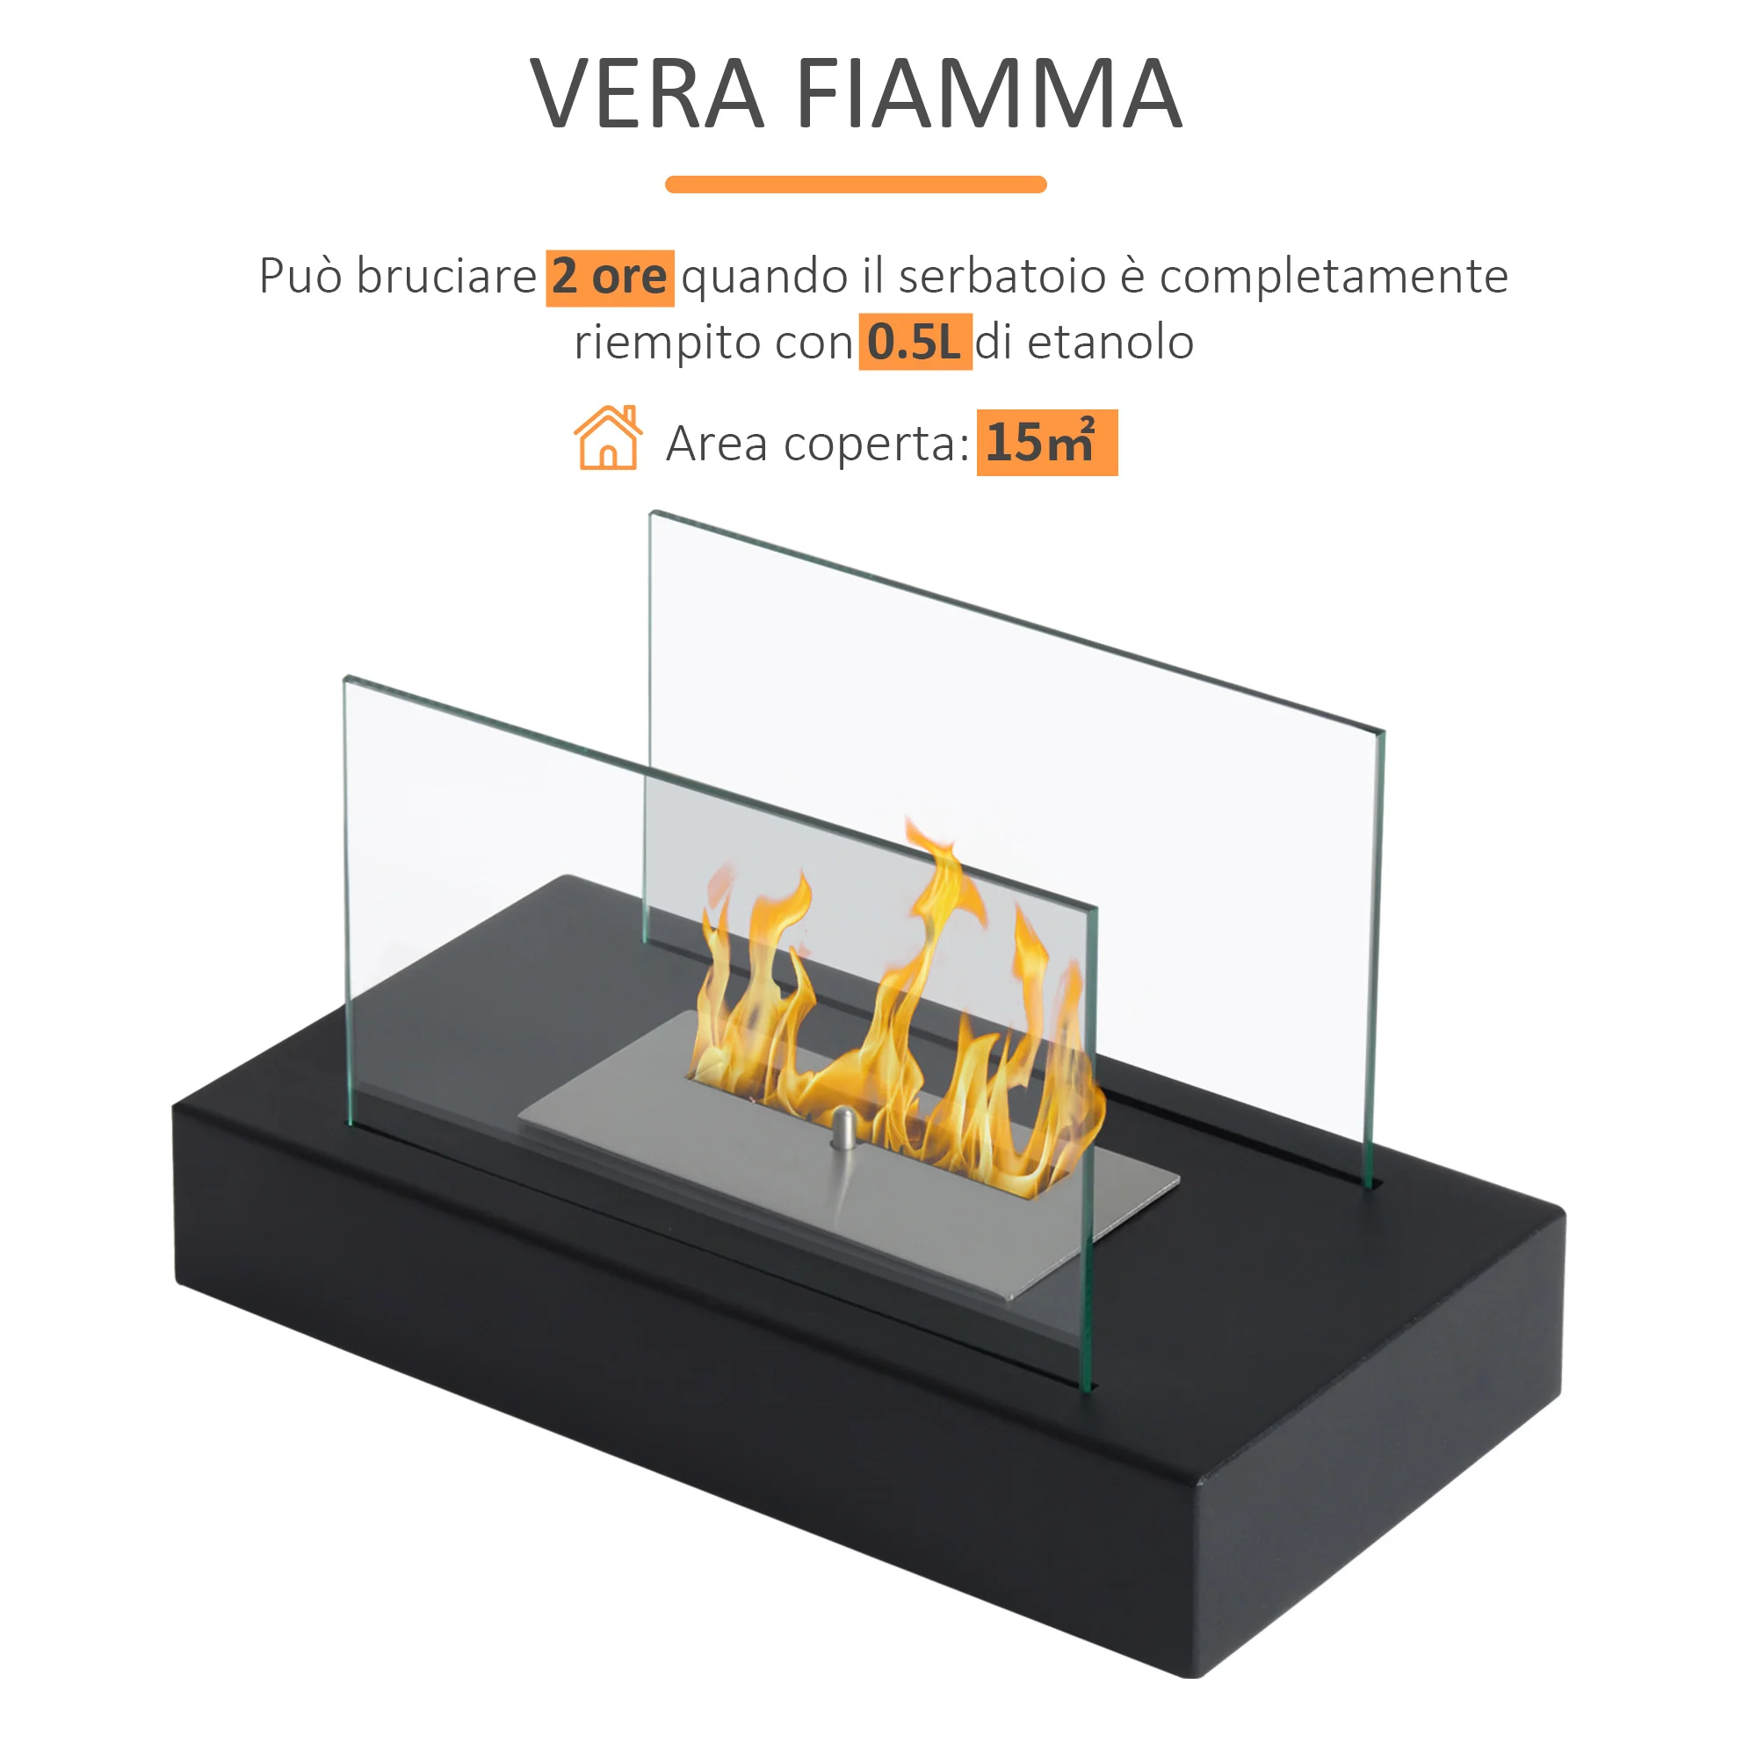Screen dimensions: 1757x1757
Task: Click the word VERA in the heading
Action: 647,93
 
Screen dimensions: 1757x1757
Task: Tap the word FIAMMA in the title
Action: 989,93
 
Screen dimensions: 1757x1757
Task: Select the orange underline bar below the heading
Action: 856,184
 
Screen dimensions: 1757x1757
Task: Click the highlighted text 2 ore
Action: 611,278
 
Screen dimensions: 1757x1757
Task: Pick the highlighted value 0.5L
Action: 915,342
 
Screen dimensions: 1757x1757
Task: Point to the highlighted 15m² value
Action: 1047,443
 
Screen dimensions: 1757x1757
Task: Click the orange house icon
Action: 608,437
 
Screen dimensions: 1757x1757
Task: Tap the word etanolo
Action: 1110,343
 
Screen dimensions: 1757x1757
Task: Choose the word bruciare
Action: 445,277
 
